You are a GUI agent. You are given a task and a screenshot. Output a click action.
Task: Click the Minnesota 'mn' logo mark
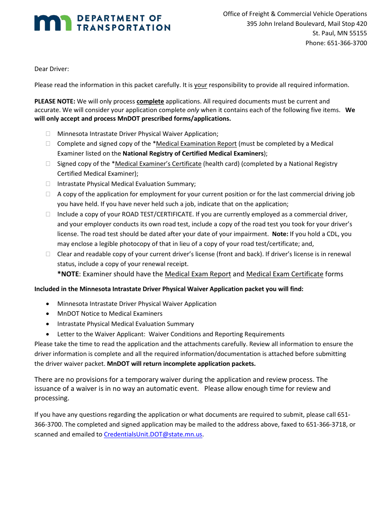click(53, 23)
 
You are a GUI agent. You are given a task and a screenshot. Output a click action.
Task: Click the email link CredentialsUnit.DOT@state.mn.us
click(153, 434)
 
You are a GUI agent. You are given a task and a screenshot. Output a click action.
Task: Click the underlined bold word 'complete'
click(150, 101)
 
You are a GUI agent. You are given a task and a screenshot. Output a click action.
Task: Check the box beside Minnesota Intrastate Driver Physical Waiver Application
click(48, 134)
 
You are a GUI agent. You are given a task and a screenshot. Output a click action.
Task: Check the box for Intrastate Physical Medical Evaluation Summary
click(48, 184)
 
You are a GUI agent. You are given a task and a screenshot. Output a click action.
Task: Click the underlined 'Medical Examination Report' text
click(196, 144)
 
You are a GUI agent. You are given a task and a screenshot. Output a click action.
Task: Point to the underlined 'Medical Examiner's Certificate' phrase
click(158, 164)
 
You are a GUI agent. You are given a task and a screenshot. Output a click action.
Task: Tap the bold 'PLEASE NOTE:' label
click(55, 101)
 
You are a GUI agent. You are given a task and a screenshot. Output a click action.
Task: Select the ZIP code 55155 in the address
click(358, 33)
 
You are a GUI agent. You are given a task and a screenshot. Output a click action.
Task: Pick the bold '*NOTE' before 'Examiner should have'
click(68, 274)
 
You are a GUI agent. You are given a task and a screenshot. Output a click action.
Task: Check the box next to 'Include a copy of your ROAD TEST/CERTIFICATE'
click(48, 214)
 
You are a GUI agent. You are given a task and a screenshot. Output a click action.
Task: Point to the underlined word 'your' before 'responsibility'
click(201, 85)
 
